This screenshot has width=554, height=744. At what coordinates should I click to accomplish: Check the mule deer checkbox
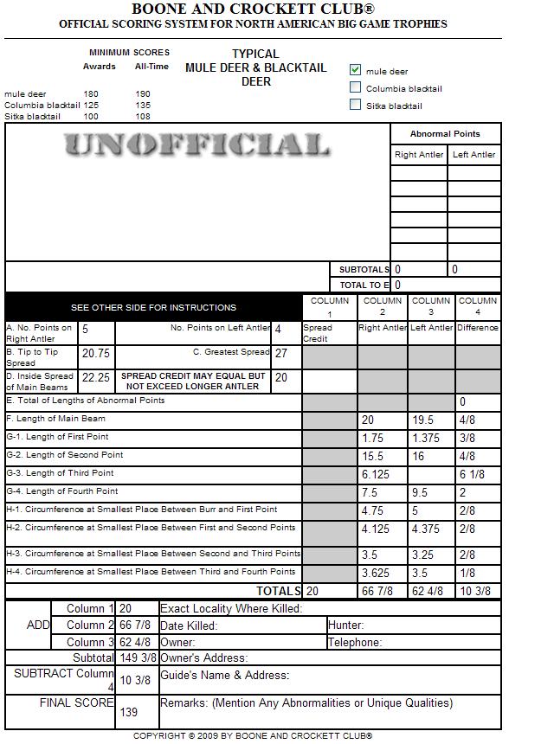pos(355,70)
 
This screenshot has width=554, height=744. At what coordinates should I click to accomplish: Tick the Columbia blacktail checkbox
pos(355,87)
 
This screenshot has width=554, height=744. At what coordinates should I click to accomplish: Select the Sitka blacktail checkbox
pos(355,105)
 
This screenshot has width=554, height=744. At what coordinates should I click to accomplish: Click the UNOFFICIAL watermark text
pos(196,144)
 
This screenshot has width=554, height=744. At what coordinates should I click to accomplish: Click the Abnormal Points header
pos(445,134)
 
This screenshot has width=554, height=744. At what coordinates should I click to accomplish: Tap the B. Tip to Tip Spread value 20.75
pos(95,354)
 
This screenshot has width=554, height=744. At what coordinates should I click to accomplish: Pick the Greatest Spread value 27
pos(280,354)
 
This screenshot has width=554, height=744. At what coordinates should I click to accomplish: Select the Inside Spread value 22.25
pos(95,378)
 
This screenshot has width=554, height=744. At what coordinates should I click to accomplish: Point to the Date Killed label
pos(188,625)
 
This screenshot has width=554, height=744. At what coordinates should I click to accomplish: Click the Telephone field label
pos(355,643)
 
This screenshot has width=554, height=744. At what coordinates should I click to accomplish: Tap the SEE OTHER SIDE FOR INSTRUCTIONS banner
pos(153,308)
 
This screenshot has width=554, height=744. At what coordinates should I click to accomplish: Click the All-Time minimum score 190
pos(143,93)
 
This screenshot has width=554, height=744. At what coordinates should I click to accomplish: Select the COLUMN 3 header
pos(431,307)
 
